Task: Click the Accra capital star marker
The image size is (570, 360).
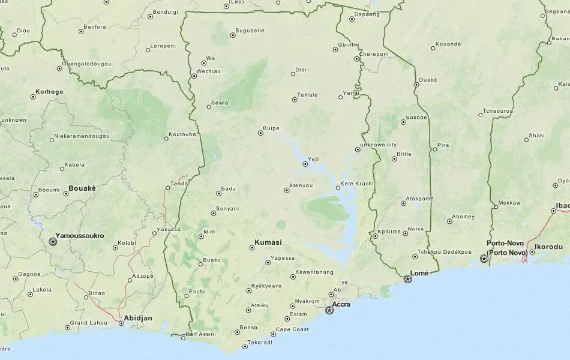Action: pos(329,310)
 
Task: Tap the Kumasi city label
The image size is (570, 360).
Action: pos(268,243)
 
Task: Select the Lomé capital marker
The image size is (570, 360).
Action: pos(408,279)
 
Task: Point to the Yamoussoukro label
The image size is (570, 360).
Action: pos(79,236)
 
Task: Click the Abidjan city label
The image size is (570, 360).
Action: pos(138,318)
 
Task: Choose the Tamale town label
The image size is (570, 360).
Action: pos(308,95)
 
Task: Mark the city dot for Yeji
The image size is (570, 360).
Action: pos(305,164)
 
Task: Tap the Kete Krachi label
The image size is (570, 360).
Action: pos(357,184)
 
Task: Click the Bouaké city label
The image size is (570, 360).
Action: pos(82,188)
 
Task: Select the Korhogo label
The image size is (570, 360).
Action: pos(49,92)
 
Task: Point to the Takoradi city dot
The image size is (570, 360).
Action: pos(245,346)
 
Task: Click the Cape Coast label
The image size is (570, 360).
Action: pos(292,329)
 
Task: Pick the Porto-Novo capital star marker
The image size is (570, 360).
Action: pos(484,259)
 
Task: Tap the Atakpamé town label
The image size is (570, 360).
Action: pos(420,198)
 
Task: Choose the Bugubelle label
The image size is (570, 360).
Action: pos(250,31)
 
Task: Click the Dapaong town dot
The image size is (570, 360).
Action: pos(352,19)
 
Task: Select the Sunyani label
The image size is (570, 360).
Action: pos(227,209)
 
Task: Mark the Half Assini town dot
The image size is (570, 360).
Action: pos(183,338)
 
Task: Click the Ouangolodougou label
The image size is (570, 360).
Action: pos(86,64)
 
